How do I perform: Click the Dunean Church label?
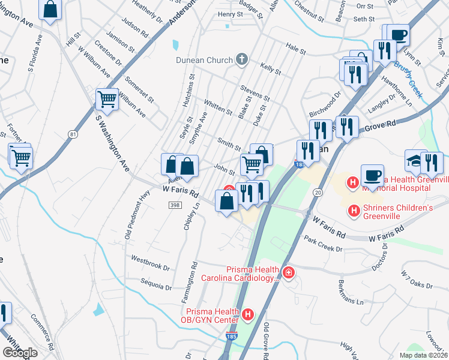204,59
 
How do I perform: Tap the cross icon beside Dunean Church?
242,59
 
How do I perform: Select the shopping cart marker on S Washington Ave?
107,100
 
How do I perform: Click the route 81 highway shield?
73,133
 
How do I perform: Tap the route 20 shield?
318,191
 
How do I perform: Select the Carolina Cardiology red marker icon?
289,274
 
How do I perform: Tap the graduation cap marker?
415,161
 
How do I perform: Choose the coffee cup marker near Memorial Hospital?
372,175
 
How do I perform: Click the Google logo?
20,353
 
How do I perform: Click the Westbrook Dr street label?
150,262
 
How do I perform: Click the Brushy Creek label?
409,73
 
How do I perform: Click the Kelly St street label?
271,68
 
